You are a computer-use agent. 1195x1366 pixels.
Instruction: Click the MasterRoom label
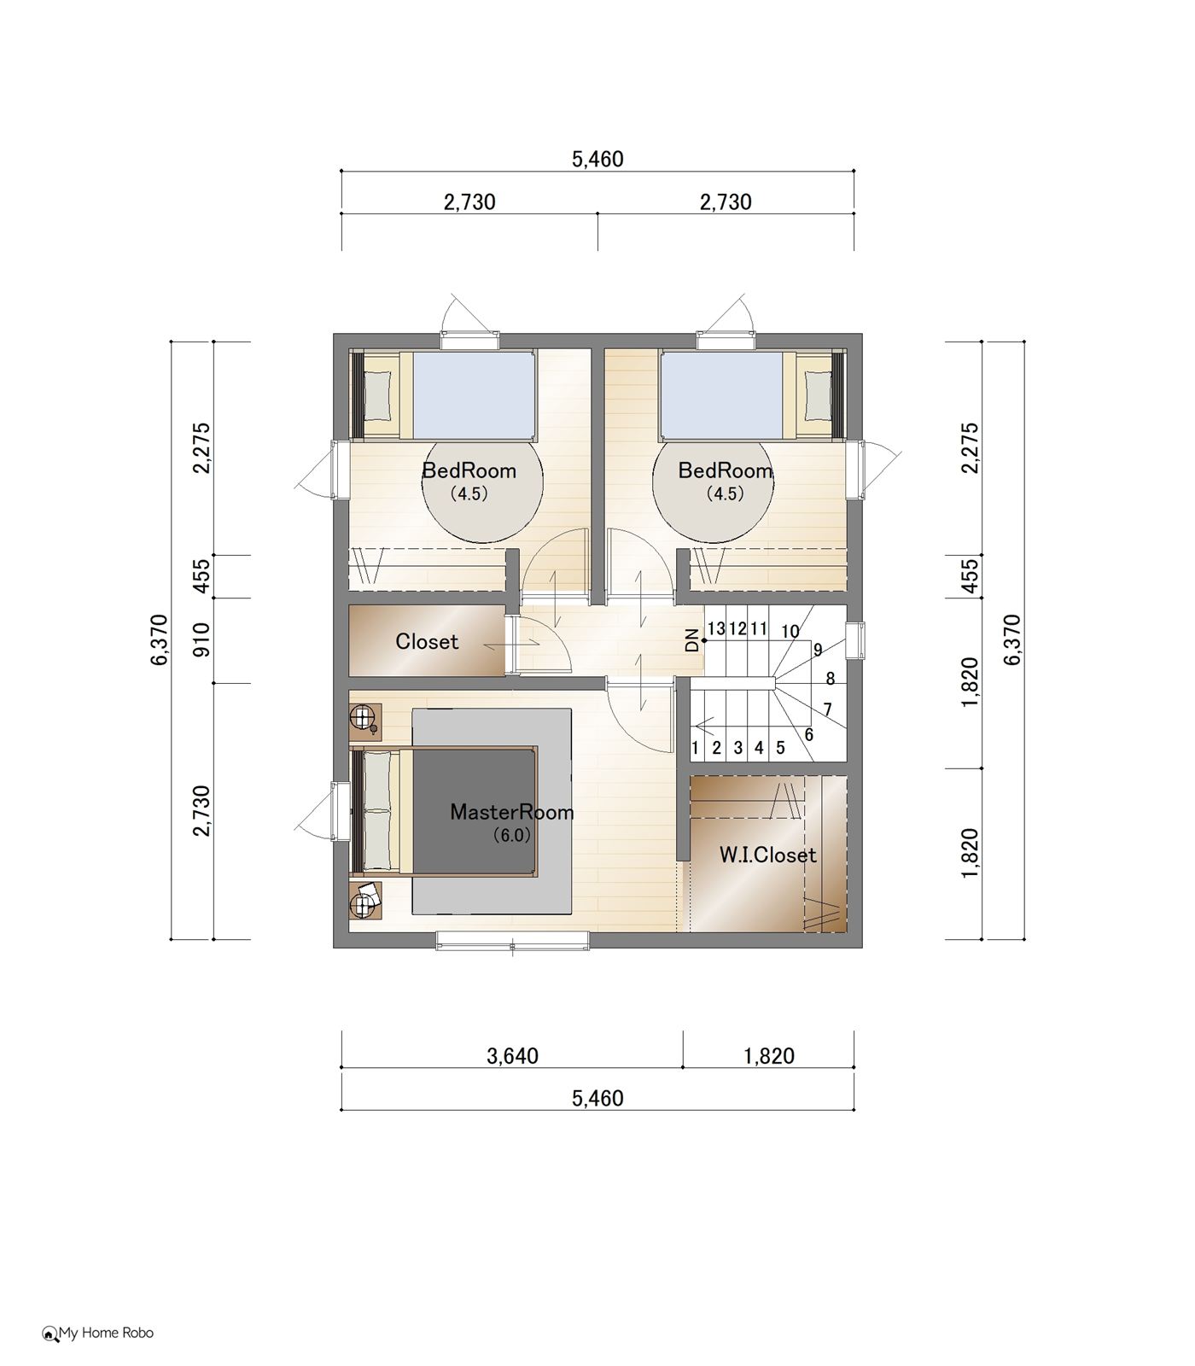512,811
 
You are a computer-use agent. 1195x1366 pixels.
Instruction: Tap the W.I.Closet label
767,855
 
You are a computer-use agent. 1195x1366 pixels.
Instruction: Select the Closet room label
427,641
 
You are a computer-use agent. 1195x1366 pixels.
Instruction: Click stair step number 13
716,629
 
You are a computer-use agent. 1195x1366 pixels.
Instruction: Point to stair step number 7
827,709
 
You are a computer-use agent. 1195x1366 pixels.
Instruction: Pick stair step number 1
696,749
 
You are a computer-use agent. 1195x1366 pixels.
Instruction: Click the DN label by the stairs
692,640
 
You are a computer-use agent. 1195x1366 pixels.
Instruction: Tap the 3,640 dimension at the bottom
512,1056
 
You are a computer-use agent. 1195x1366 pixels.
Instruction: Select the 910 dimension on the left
201,640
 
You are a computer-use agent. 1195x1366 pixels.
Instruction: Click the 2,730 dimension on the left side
201,811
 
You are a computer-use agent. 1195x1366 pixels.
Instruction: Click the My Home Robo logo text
98,1333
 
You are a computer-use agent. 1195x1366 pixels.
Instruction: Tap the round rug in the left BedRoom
483,482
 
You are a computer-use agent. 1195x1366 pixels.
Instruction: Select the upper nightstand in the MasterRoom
365,720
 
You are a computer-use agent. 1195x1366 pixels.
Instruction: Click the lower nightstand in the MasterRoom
365,900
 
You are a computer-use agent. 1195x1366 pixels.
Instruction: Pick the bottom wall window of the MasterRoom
512,940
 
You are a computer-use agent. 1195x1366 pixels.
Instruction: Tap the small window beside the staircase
854,641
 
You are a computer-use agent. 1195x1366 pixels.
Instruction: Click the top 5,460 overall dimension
597,160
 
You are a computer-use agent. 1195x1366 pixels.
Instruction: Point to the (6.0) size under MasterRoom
512,836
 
